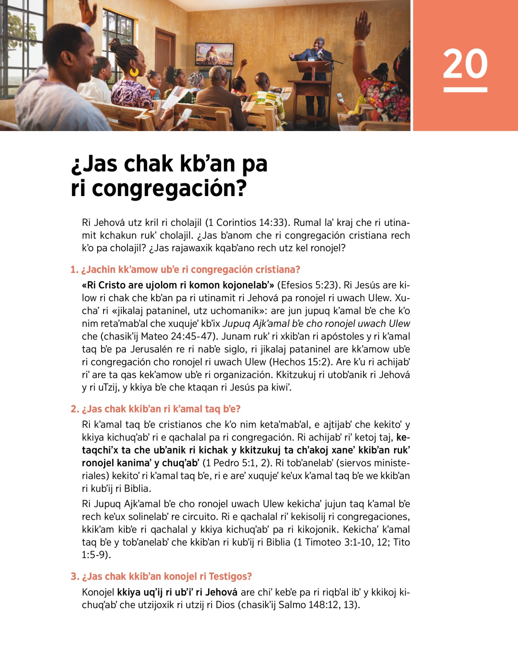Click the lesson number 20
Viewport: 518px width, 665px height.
(x=465, y=64)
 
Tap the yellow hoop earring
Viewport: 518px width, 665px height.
(x=134, y=72)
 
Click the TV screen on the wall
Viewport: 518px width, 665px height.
(x=215, y=54)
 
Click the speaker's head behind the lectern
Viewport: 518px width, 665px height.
(x=319, y=43)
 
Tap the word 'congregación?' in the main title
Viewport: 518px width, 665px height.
(x=169, y=188)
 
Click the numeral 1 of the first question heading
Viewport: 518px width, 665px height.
(x=73, y=270)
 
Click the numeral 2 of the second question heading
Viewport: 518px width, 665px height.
(x=74, y=409)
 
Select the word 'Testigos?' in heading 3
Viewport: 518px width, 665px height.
(x=231, y=577)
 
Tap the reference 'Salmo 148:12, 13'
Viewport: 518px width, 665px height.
(x=317, y=605)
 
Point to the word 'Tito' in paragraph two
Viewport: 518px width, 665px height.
(x=401, y=542)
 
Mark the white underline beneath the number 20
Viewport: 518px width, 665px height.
(x=465, y=90)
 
